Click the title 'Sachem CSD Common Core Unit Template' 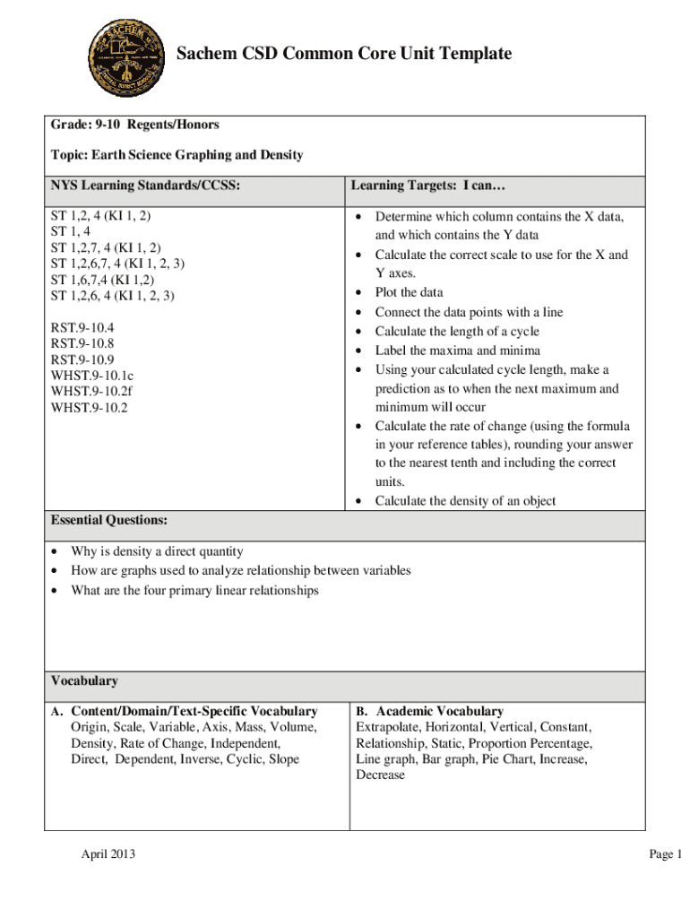point(344,55)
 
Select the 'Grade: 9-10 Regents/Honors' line point(134,125)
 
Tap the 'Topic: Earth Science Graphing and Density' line point(177,155)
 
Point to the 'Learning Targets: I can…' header point(416,186)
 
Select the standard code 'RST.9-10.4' point(82,327)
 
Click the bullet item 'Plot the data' point(409,292)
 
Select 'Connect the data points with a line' point(469,312)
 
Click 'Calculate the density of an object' point(465,501)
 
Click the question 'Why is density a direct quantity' point(157,551)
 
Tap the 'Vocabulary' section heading point(84,681)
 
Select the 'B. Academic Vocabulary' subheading point(429,711)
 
